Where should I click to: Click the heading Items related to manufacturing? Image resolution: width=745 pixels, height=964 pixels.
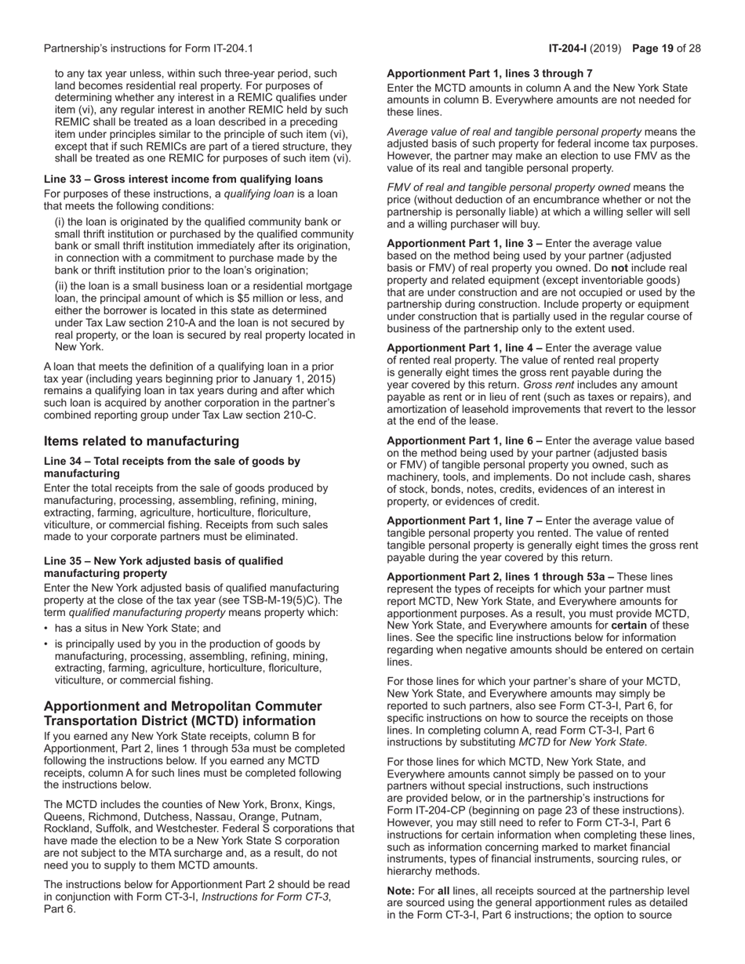[141, 441]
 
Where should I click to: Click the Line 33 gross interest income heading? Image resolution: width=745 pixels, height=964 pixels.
[183, 179]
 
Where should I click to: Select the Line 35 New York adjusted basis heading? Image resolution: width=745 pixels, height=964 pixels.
[163, 567]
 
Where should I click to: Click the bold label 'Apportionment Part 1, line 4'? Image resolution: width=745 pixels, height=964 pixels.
[461, 348]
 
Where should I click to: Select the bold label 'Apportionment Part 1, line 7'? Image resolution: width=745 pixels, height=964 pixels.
[461, 521]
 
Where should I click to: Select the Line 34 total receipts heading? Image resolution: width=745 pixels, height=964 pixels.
[172, 467]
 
